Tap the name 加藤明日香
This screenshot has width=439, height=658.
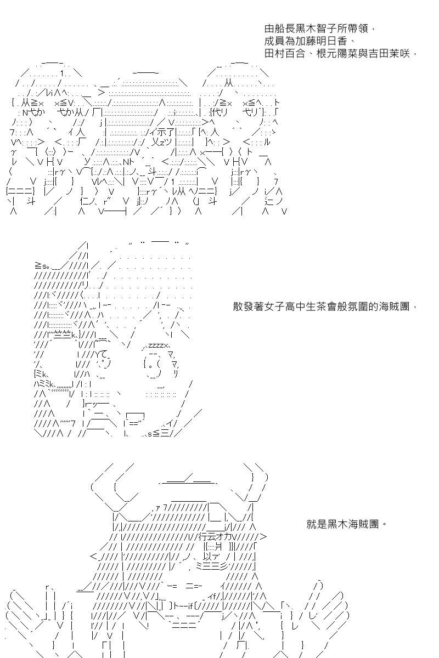pyautogui.click(x=324, y=41)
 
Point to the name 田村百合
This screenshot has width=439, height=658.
pyautogui.click(x=282, y=54)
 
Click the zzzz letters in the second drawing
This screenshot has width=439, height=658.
pyautogui.click(x=157, y=346)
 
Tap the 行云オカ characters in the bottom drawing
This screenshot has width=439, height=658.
pyautogui.click(x=219, y=537)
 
